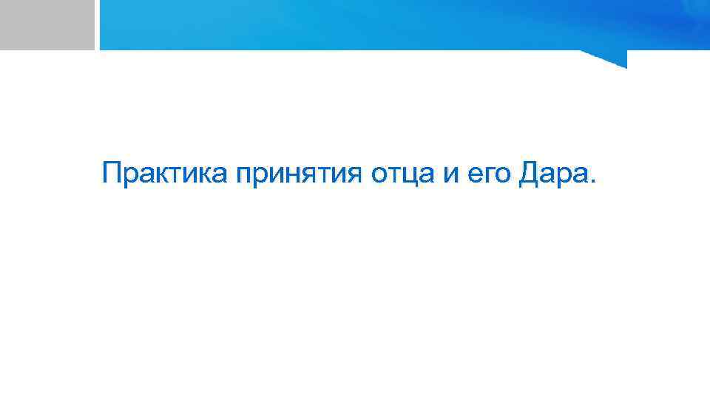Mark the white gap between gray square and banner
97,24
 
